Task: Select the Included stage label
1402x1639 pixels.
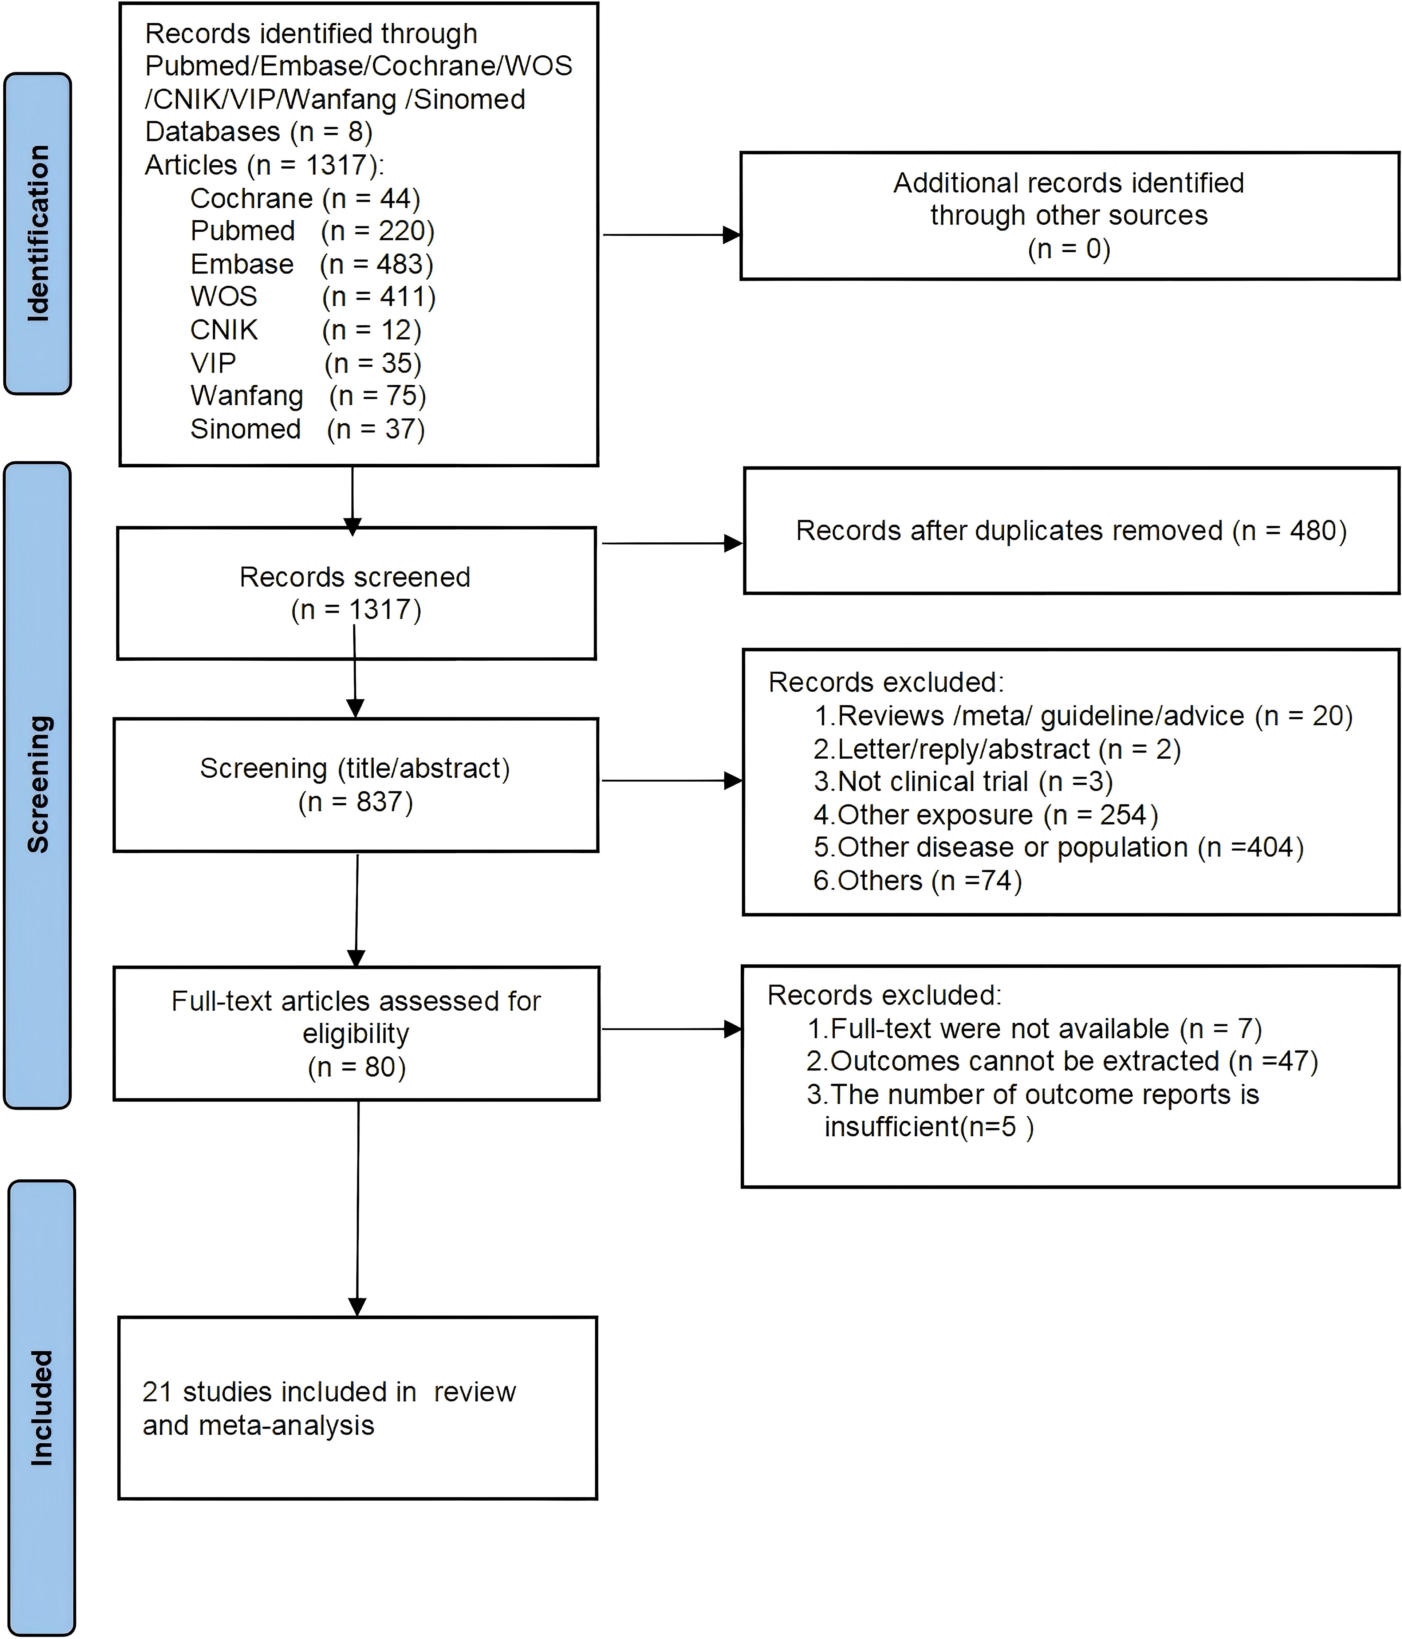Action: tap(41, 1408)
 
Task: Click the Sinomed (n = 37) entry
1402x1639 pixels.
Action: tap(308, 429)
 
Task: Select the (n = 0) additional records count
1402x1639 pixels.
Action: tap(1069, 249)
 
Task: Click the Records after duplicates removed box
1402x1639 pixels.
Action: tap(1071, 531)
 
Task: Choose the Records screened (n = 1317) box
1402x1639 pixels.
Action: tap(356, 593)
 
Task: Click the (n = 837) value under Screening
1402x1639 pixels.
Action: tap(356, 802)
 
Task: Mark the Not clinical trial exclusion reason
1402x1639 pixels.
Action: tap(963, 782)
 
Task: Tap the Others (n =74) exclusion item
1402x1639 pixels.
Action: tap(917, 880)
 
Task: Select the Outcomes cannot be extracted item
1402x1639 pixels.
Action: tap(1062, 1062)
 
